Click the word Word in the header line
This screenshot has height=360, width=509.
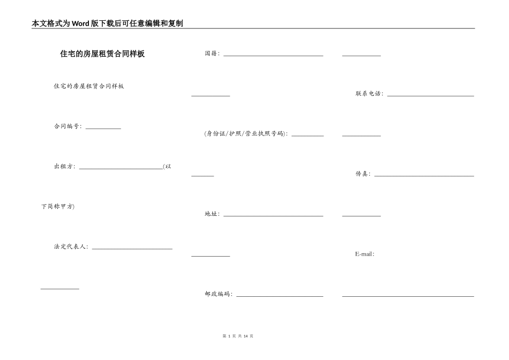81,24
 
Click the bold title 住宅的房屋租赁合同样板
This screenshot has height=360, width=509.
102,54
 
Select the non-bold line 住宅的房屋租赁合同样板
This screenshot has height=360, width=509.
89,86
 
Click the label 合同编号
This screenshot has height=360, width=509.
67,126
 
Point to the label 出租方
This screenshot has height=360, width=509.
64,167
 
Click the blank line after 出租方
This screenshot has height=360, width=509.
121,168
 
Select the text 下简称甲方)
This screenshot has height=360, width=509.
58,207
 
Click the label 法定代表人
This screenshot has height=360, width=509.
70,247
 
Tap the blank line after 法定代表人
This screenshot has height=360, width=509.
132,249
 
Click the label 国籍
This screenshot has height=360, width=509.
212,54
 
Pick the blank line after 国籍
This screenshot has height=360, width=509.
273,55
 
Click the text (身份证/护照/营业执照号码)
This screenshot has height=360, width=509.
246,134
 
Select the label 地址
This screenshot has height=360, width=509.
212,214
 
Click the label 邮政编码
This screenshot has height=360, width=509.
218,294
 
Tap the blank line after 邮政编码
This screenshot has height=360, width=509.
280,296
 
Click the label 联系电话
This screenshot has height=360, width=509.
369,94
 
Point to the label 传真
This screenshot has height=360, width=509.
363,174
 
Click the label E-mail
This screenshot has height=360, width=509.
364,254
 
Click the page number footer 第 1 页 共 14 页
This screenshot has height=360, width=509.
237,336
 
